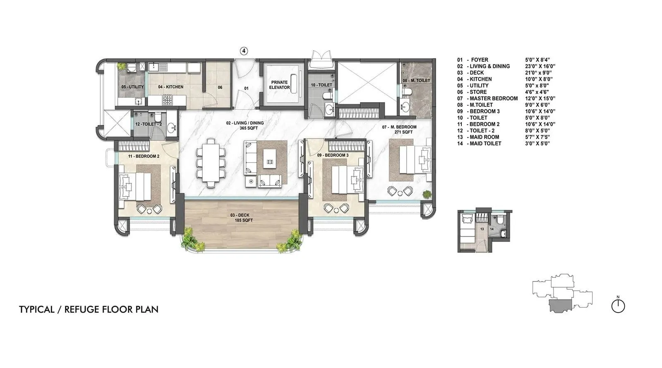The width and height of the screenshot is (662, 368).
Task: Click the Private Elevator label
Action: click(279, 85)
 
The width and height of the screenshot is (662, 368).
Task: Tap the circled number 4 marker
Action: click(244, 51)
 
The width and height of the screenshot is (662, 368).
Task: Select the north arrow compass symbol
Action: click(618, 306)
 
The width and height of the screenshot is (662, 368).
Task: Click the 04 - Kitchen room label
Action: click(170, 87)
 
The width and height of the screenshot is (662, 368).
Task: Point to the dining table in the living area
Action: click(211, 163)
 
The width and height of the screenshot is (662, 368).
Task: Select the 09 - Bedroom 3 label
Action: click(333, 155)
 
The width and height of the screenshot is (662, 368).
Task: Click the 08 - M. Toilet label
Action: click(416, 80)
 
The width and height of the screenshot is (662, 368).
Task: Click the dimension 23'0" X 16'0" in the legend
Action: click(540, 66)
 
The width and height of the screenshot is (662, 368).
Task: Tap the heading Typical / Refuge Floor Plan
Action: click(89, 309)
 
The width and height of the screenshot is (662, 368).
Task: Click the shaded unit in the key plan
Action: click(561, 306)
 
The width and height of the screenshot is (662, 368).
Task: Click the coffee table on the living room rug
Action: click(269, 158)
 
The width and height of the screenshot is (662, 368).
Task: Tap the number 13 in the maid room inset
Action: click(482, 228)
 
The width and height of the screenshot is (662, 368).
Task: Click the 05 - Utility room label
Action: click(132, 87)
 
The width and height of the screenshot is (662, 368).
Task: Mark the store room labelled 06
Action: click(220, 87)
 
